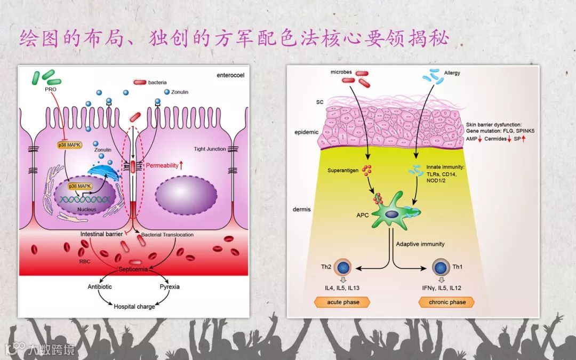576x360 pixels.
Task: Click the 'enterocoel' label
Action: point(231,75)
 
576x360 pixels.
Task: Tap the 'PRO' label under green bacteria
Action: point(51,89)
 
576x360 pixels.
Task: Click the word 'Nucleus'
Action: point(87,210)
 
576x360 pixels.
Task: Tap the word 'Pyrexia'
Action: point(170,287)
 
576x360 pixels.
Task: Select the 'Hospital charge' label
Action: point(135,307)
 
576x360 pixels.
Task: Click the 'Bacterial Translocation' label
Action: point(167,235)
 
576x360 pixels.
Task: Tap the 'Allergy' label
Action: point(452,73)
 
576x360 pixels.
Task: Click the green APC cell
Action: point(392,213)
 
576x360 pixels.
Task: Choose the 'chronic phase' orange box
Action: point(447,302)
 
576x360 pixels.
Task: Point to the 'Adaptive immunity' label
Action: point(420,244)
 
